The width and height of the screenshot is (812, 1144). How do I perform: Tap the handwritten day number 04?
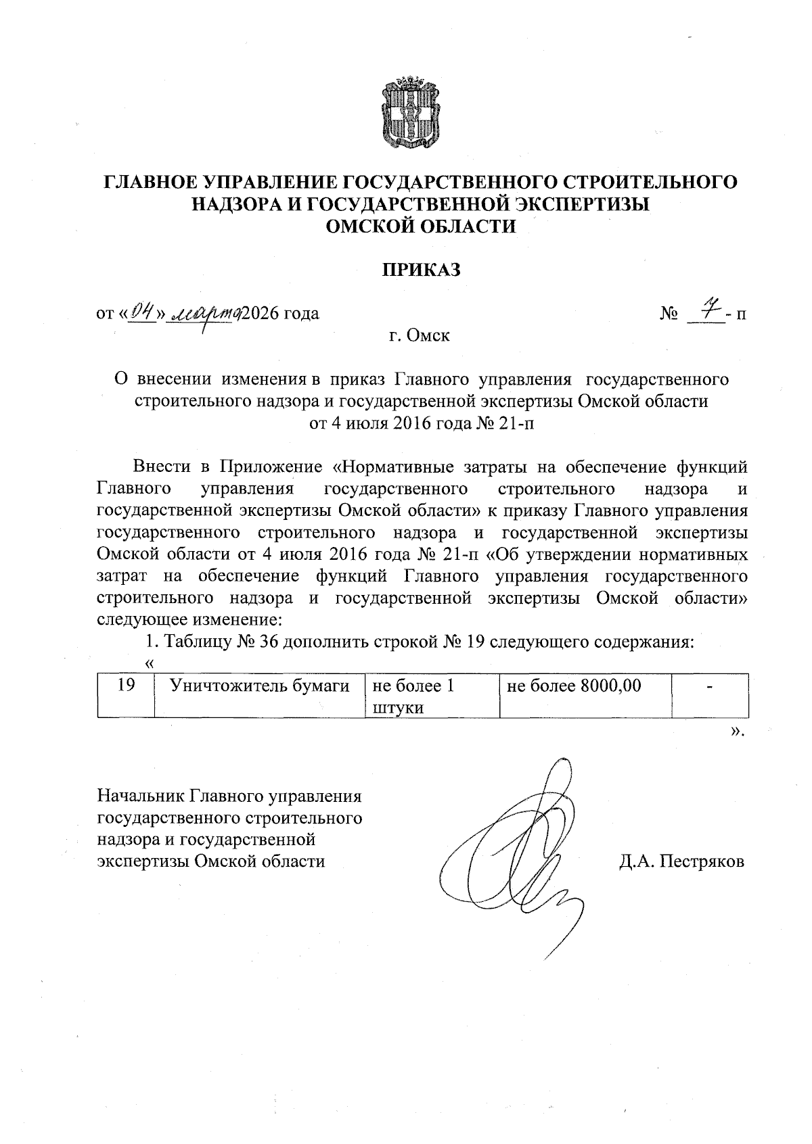141,312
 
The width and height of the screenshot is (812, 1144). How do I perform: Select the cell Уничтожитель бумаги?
260,686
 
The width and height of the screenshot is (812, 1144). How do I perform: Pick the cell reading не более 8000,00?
573,686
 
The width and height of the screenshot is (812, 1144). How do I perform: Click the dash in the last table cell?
710,687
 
